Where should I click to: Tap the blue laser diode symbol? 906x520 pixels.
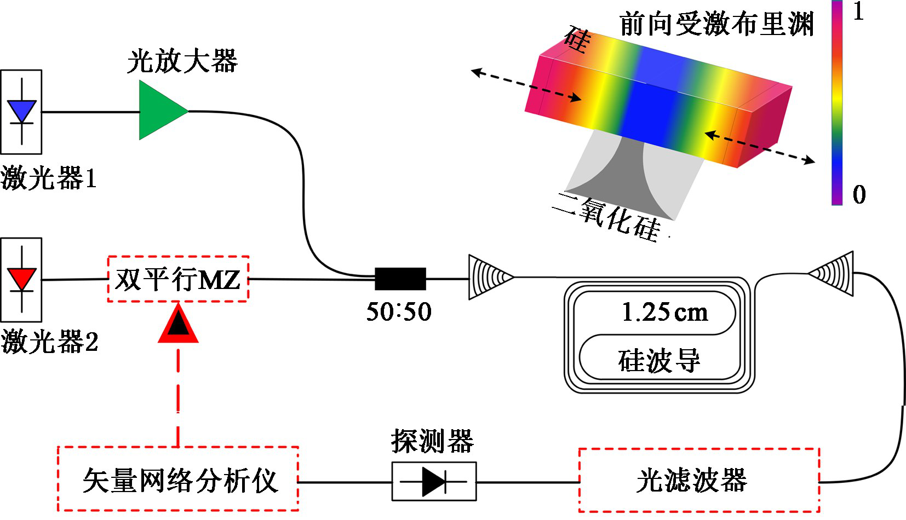pyautogui.click(x=21, y=111)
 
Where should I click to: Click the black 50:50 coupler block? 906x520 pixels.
pyautogui.click(x=400, y=279)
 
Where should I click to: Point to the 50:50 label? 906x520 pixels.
pyautogui.click(x=399, y=312)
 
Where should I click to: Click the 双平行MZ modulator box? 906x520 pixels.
pyautogui.click(x=178, y=279)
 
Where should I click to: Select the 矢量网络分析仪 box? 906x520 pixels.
pyautogui.click(x=178, y=479)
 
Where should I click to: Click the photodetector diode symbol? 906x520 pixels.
pyautogui.click(x=434, y=482)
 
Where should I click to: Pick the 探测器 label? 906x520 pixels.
pyautogui.click(x=432, y=441)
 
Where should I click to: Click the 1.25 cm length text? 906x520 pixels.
pyautogui.click(x=664, y=313)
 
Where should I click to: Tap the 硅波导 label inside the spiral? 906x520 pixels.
pyautogui.click(x=660, y=361)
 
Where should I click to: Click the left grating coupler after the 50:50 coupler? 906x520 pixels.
pyautogui.click(x=489, y=278)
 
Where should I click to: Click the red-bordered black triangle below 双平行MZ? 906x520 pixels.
pyautogui.click(x=178, y=326)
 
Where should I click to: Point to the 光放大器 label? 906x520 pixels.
pyautogui.click(x=182, y=61)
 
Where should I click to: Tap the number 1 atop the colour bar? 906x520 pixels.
pyautogui.click(x=858, y=12)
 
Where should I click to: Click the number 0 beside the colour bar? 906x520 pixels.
pyautogui.click(x=859, y=195)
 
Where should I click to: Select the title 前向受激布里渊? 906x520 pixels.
pyautogui.click(x=716, y=25)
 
